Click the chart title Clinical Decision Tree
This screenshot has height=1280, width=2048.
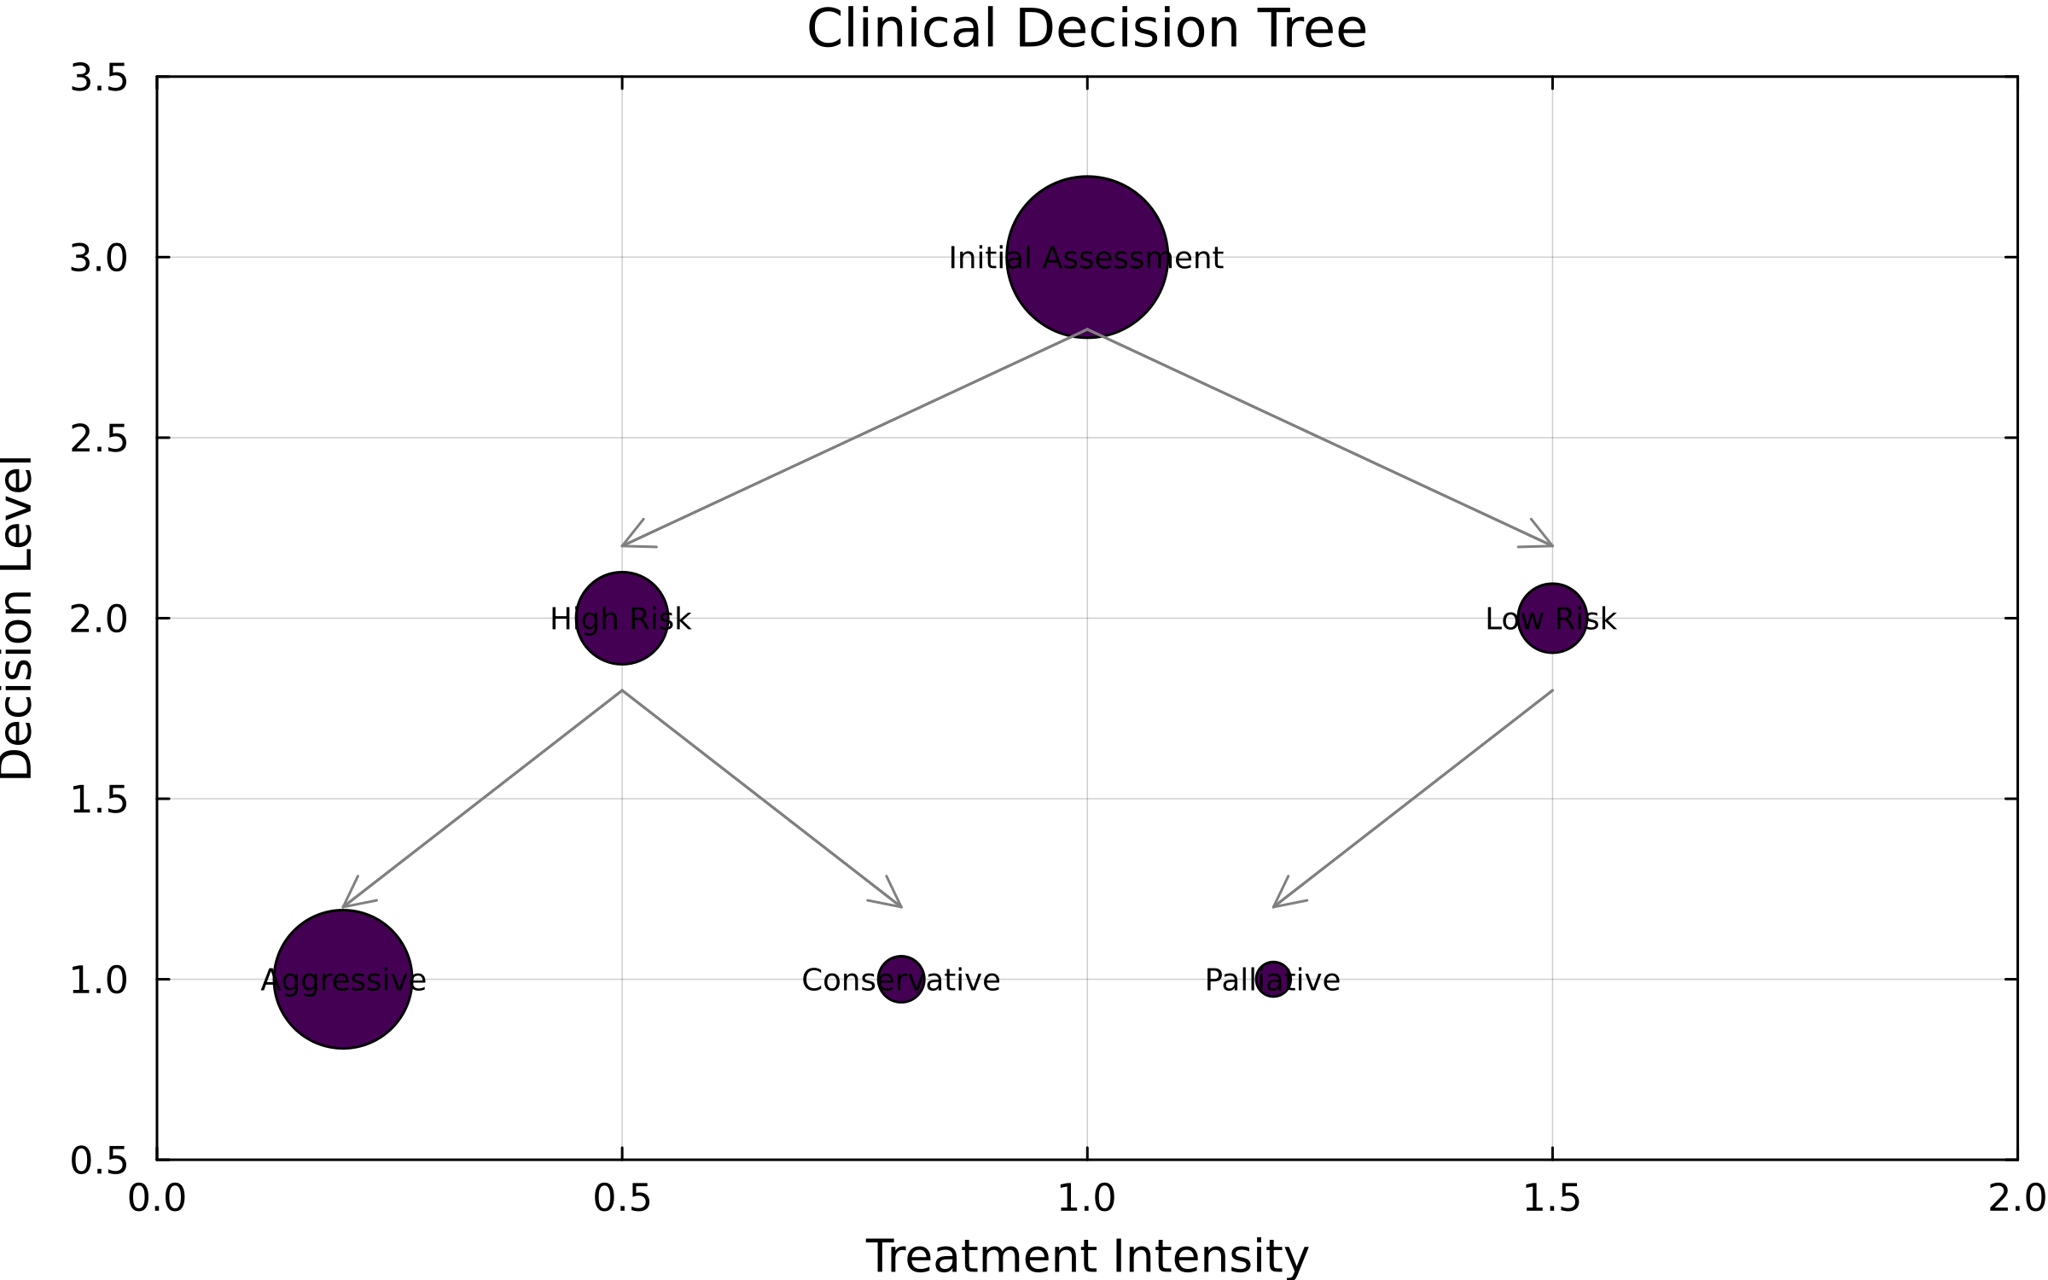1086,29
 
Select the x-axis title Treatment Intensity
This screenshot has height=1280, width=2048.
1086,1256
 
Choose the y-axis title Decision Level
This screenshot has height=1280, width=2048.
17,618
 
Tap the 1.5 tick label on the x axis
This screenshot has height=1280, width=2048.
1552,1199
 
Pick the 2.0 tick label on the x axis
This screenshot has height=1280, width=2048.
2016,1199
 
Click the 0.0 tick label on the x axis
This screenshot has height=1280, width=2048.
157,1199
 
